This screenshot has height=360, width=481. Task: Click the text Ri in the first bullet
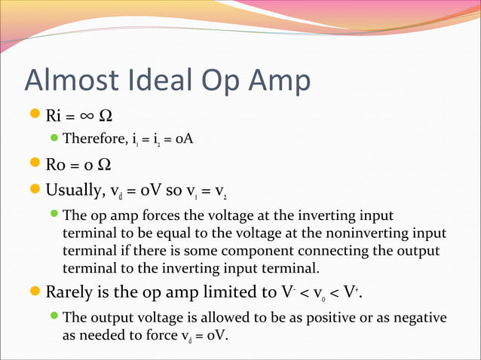click(x=54, y=116)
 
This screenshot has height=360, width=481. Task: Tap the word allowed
click(x=220, y=317)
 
